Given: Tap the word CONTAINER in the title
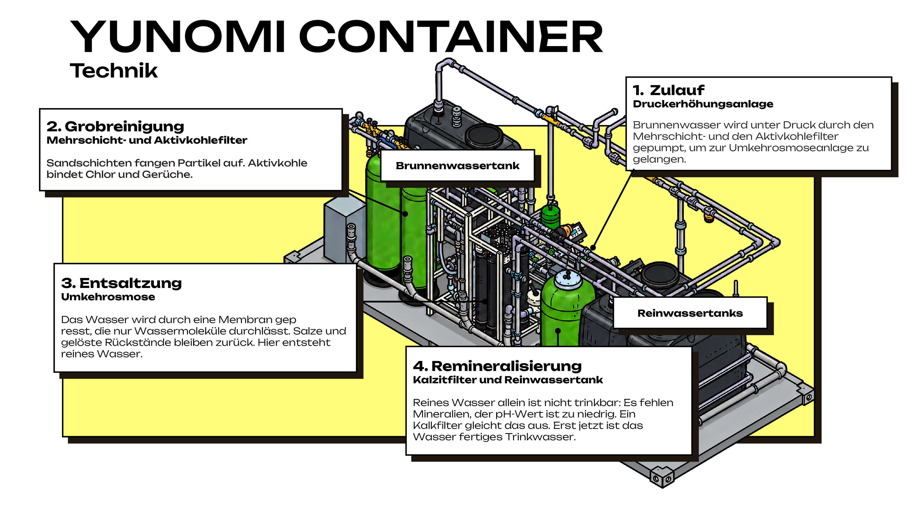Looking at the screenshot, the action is click(x=451, y=37).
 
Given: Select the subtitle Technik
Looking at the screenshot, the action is click(x=114, y=71).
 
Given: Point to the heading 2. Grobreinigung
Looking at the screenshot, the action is click(x=115, y=126).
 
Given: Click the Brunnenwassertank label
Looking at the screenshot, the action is click(x=457, y=166).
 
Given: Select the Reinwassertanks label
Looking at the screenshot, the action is click(x=690, y=313).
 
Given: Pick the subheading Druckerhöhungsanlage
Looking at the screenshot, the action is click(x=703, y=104).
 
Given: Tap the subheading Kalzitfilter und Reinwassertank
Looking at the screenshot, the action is click(x=508, y=380).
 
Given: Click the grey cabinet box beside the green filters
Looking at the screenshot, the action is click(x=344, y=230).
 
